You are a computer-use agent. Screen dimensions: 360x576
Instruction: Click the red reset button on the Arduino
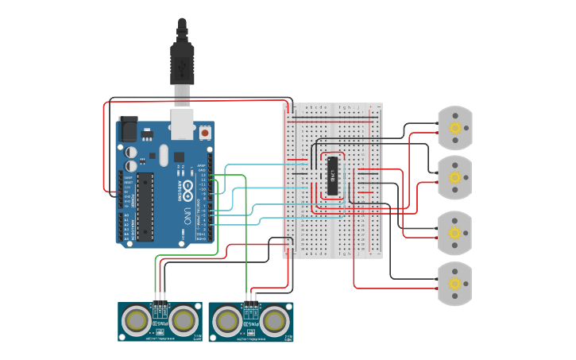coord(206,134)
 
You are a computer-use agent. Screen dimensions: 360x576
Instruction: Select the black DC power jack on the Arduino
coord(127,129)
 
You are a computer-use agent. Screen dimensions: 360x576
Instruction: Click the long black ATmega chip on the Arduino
coord(145,206)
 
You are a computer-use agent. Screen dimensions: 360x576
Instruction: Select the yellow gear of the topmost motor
coord(455,128)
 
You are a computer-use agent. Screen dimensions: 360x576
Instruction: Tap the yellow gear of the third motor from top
coord(455,233)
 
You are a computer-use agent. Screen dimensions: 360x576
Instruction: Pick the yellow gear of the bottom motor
coord(455,284)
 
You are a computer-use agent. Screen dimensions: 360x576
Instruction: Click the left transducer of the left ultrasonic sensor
coord(137,321)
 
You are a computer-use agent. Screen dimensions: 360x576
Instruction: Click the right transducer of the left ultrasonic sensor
coord(184,321)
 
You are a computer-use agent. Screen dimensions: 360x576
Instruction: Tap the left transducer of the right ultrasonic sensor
coord(227,321)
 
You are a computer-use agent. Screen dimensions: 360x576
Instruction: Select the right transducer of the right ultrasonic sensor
coord(274,321)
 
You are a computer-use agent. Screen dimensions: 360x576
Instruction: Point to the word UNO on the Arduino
coord(187,214)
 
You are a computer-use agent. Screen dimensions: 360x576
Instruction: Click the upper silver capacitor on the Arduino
coord(130,149)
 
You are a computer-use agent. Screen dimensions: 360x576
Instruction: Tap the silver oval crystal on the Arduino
coord(163,155)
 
